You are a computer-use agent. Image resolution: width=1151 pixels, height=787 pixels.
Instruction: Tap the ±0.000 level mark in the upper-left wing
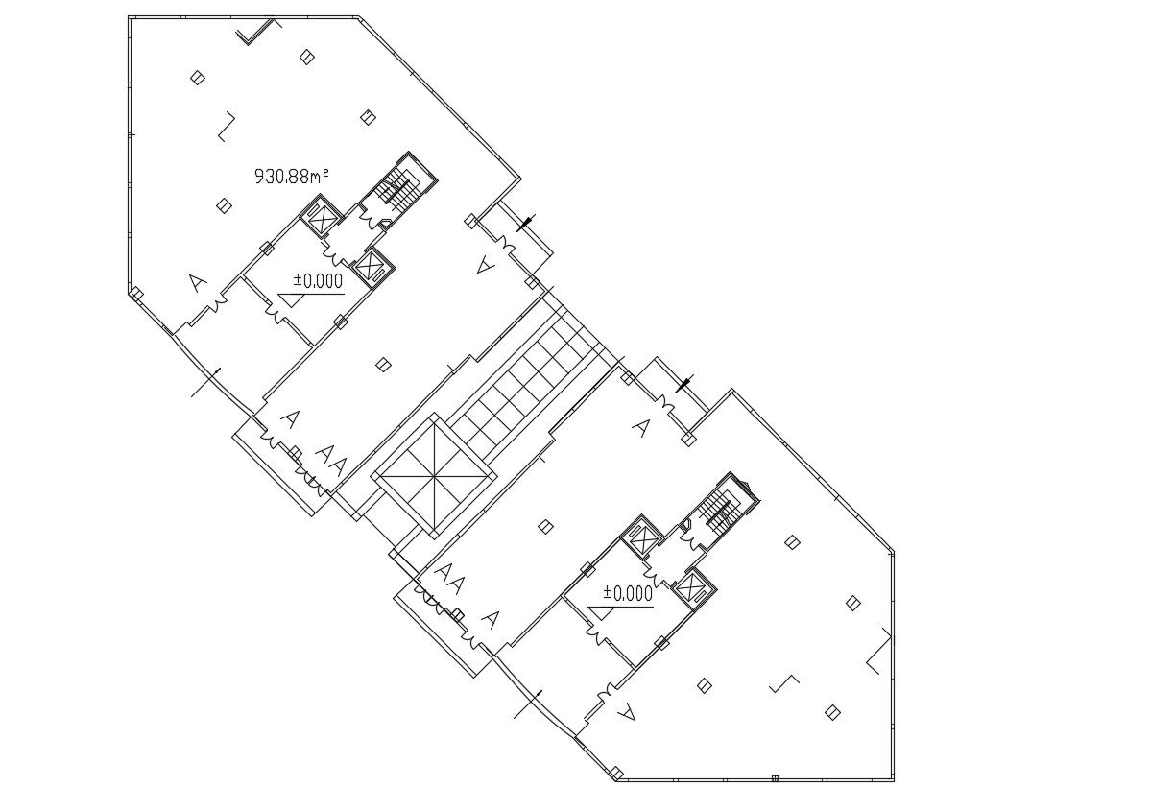318,280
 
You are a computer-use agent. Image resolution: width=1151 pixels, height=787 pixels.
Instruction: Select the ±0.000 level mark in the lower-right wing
628,593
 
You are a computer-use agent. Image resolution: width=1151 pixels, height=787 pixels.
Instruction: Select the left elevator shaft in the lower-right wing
640,538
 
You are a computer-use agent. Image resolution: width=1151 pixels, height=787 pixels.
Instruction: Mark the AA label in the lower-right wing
449,580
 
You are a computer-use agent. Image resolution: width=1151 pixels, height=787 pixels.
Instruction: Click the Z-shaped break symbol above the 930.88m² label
226,127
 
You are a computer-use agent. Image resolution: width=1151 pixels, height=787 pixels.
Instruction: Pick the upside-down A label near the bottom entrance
628,711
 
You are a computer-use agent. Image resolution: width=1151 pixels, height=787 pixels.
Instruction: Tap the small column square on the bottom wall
776,777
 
